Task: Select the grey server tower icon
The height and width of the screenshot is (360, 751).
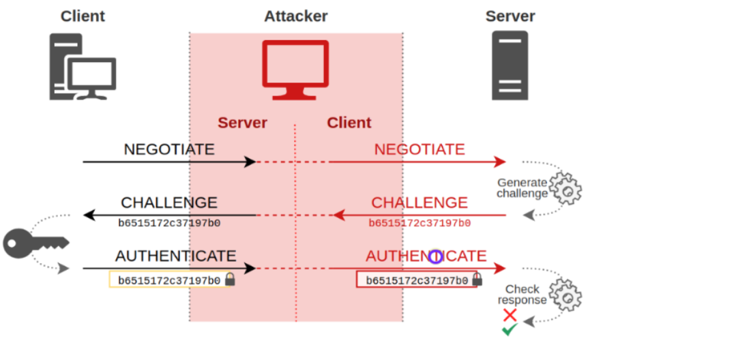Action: click(x=510, y=65)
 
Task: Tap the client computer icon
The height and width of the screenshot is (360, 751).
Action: click(x=83, y=67)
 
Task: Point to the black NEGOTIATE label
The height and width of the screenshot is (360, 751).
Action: click(x=168, y=149)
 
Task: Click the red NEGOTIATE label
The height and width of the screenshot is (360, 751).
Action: click(x=419, y=149)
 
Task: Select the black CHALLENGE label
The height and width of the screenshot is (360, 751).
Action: click(x=169, y=202)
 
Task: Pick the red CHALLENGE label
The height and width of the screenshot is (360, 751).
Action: click(x=419, y=202)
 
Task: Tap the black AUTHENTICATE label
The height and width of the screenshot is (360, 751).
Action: click(x=175, y=256)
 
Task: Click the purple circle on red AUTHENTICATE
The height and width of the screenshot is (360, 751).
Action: click(x=435, y=256)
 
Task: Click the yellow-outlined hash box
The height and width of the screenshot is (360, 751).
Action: click(x=171, y=280)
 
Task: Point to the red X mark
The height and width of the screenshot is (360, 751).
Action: click(x=510, y=315)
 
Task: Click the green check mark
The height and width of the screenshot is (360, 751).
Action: click(x=509, y=330)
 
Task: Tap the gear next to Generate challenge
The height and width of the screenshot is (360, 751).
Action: click(x=566, y=189)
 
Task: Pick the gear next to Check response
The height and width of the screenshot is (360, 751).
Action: click(x=566, y=295)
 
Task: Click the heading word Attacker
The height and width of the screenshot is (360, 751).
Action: click(x=296, y=16)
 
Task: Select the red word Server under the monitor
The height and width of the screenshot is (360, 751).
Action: click(x=242, y=123)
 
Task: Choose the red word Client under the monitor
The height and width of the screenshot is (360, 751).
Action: click(x=349, y=123)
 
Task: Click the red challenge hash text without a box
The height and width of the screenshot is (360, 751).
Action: click(x=419, y=223)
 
